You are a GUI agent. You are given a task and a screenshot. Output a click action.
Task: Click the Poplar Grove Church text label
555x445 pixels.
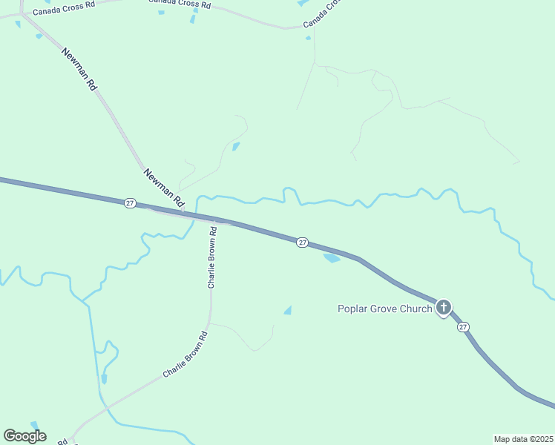tap(384, 309)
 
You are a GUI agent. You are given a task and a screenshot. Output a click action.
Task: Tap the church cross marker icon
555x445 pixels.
tap(444, 307)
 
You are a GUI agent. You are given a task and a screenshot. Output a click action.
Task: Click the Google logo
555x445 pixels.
tap(24, 436)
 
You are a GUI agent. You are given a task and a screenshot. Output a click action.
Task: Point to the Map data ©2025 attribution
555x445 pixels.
tap(523, 439)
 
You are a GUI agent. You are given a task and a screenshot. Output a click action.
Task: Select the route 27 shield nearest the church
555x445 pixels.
tap(464, 327)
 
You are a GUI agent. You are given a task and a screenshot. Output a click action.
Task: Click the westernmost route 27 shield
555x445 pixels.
tap(130, 203)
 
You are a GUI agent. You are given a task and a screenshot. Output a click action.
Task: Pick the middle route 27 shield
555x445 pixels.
tap(302, 243)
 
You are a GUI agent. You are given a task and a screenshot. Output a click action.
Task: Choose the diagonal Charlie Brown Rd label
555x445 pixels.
tap(185, 355)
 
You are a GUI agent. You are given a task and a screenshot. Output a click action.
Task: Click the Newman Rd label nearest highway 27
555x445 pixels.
tap(163, 187)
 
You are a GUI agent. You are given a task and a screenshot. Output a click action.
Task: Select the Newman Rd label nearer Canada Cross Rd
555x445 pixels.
tap(80, 69)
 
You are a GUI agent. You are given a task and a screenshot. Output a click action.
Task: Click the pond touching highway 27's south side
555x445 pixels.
tap(331, 257)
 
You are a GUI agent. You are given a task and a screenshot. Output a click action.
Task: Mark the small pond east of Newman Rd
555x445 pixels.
tap(236, 146)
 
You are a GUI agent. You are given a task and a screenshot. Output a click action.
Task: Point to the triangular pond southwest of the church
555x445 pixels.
tap(288, 310)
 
